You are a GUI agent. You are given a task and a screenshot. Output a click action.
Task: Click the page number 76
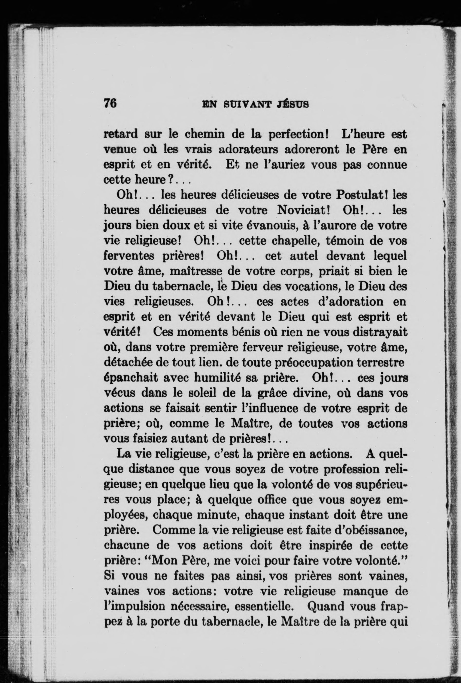[110, 104]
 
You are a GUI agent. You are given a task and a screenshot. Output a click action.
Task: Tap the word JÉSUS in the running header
[292, 104]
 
